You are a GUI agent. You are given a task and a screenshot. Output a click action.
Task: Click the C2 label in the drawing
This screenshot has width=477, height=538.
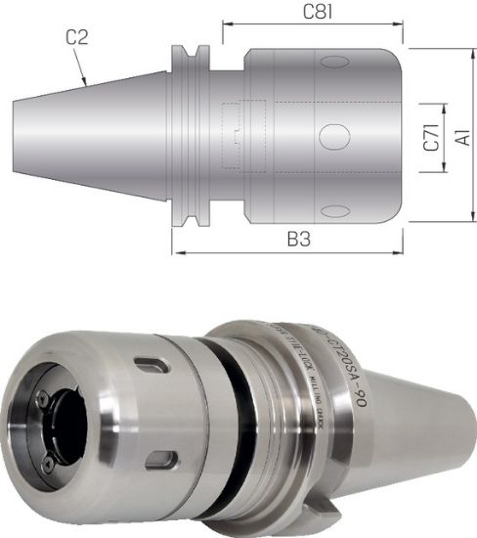point(78,38)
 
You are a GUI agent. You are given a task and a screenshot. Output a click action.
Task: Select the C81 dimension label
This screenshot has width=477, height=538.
point(314,13)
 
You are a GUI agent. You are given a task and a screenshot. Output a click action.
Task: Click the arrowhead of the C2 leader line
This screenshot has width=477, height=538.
point(90,85)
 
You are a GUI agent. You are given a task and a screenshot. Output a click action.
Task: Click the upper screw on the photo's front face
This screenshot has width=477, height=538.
point(44,398)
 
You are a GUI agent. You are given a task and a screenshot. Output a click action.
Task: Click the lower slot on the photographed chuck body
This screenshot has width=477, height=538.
point(163,459)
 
